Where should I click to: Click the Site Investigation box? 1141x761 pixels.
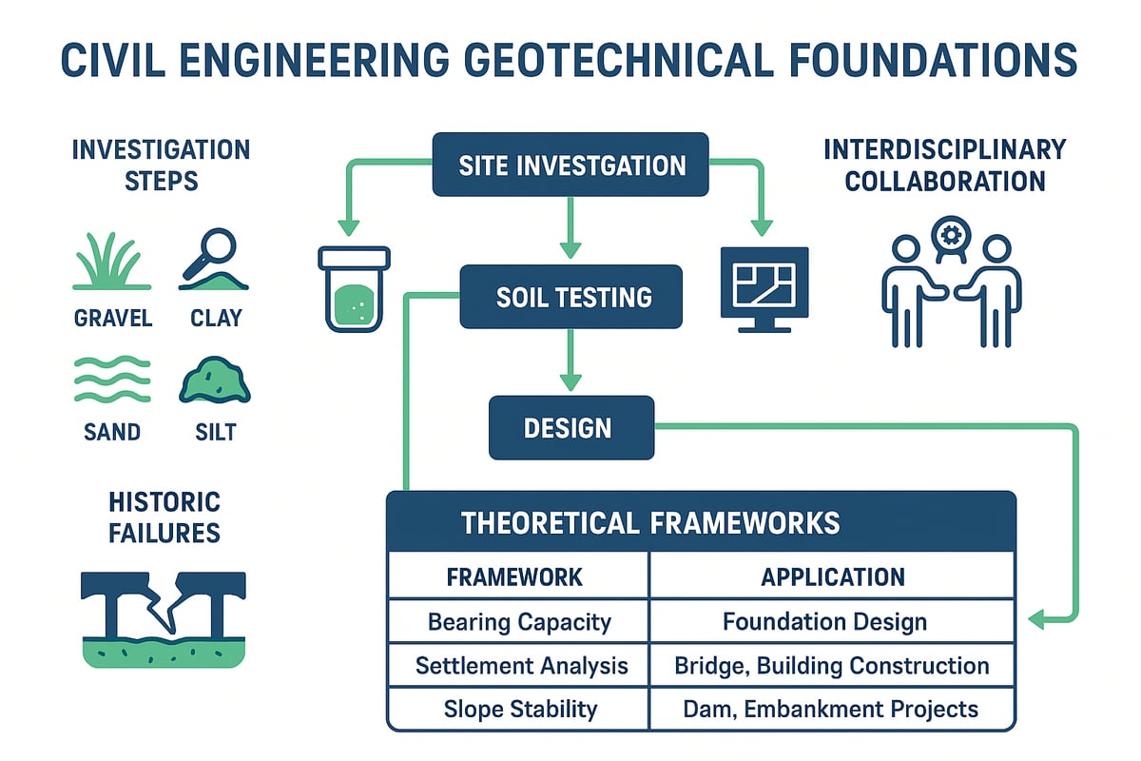click(571, 165)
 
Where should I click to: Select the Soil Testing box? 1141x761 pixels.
click(571, 296)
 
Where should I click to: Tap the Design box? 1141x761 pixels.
click(571, 427)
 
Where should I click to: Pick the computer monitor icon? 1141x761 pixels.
click(764, 288)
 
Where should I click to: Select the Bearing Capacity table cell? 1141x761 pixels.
click(518, 622)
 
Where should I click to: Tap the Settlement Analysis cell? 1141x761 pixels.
click(518, 665)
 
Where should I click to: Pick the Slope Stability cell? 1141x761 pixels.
click(518, 709)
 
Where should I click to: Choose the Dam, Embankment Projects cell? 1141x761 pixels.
click(831, 709)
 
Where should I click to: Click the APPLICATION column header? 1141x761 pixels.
click(831, 576)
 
